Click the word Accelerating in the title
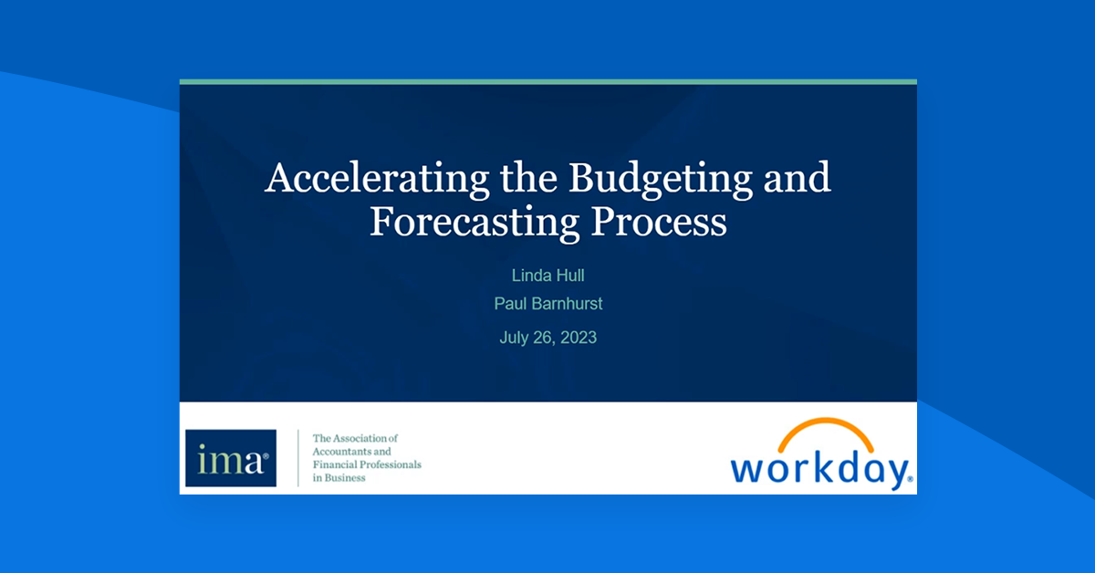click(x=376, y=180)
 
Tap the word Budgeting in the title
click(x=661, y=180)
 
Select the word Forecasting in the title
click(x=474, y=224)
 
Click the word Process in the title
click(x=659, y=222)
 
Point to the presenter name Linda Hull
click(x=548, y=276)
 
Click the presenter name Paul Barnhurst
click(x=548, y=304)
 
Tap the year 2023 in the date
click(x=579, y=338)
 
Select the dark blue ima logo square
click(x=231, y=458)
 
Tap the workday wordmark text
click(x=821, y=470)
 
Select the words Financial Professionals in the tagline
click(x=367, y=464)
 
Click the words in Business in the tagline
click(x=339, y=478)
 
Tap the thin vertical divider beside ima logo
click(x=298, y=458)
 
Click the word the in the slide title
click(x=528, y=178)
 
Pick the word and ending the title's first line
click(x=798, y=178)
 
